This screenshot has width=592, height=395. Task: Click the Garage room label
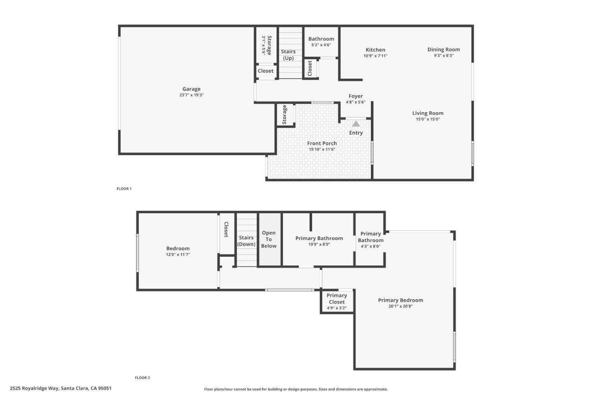tap(191, 89)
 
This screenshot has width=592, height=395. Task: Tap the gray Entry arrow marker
tap(356, 124)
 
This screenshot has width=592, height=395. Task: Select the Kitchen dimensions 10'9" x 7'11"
tap(375, 56)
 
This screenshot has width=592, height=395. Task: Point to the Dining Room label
tap(444, 49)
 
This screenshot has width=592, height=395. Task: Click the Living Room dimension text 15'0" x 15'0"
tap(428, 119)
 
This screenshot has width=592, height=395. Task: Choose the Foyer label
tap(356, 96)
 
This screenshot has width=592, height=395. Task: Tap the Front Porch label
tap(322, 143)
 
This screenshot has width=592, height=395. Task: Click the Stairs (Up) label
tap(288, 55)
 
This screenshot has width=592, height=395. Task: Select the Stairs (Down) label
tap(246, 241)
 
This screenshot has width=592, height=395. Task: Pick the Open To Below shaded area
tap(270, 239)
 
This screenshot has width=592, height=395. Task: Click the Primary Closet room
tap(337, 301)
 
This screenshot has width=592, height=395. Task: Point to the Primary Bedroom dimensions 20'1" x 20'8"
tap(400, 306)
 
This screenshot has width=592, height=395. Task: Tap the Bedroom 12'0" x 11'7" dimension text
tap(178, 255)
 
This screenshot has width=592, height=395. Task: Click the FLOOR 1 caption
tap(124, 188)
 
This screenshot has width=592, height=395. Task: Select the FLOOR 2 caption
tap(142, 378)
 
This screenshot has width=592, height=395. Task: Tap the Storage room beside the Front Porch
tap(285, 114)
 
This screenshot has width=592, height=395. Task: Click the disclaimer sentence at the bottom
tap(296, 389)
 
